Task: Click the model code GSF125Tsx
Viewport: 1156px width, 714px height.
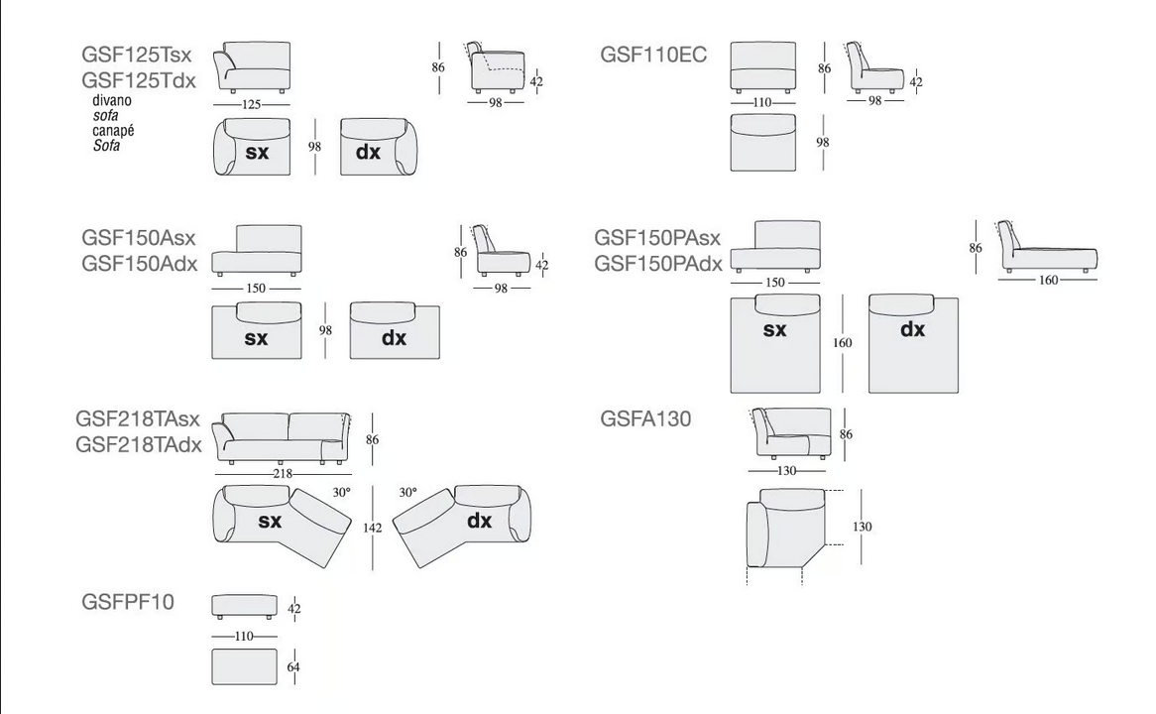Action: click(x=137, y=55)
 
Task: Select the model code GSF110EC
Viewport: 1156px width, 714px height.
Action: click(x=653, y=55)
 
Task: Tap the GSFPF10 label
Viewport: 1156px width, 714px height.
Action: click(x=128, y=602)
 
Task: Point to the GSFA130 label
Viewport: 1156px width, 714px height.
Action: click(x=645, y=418)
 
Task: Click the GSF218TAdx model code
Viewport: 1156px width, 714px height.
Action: click(x=139, y=445)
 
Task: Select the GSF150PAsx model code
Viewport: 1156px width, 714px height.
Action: click(x=657, y=238)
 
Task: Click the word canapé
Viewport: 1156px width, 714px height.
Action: click(x=114, y=131)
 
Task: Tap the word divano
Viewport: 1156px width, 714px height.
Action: click(x=112, y=100)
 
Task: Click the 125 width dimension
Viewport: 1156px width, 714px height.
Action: click(x=252, y=105)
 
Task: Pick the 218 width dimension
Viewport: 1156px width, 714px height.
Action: click(x=283, y=474)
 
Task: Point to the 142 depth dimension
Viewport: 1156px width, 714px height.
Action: click(x=373, y=529)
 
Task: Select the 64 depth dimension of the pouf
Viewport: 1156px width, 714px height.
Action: click(x=293, y=667)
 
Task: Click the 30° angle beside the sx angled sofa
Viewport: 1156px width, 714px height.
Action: click(x=341, y=493)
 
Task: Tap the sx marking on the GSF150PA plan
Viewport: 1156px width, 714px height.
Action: click(x=774, y=329)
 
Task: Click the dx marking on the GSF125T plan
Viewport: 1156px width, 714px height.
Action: click(x=368, y=152)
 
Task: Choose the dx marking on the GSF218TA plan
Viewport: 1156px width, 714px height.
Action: click(x=479, y=521)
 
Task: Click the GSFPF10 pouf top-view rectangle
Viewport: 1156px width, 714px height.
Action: click(x=245, y=666)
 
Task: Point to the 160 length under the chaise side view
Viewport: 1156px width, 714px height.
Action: click(x=1048, y=281)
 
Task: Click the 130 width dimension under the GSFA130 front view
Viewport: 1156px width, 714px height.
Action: click(x=786, y=471)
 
